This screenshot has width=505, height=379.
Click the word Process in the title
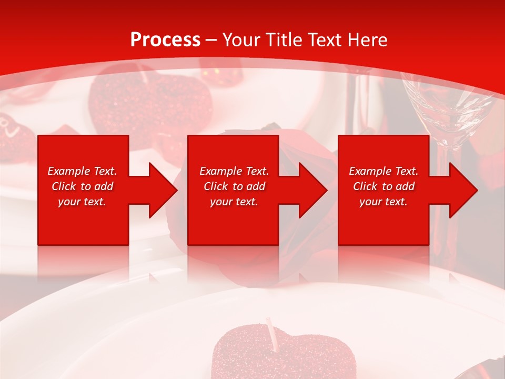(x=165, y=39)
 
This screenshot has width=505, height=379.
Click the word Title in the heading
(x=285, y=39)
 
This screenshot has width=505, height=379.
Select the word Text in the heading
(x=325, y=39)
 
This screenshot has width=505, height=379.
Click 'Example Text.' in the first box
(x=82, y=171)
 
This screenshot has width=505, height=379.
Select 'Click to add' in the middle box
(x=234, y=186)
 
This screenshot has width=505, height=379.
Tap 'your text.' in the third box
(x=383, y=202)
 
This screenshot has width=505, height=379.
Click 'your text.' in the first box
(x=82, y=202)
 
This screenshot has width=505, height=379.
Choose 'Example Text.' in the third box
(x=383, y=171)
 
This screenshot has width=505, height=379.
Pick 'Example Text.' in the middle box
(x=234, y=171)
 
